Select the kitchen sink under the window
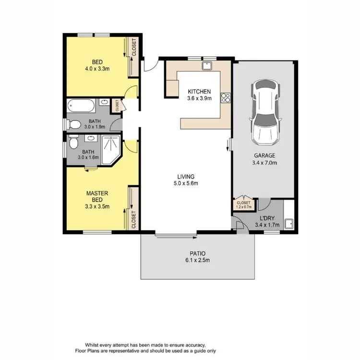[208, 65]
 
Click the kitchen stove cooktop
[226, 98]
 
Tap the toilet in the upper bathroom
[74, 124]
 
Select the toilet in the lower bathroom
[73, 144]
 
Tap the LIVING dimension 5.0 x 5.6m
[186, 183]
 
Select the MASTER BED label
[97, 196]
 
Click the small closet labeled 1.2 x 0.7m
[243, 205]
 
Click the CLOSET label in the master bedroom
[134, 219]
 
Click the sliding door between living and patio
[176, 235]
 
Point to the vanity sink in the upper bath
[104, 102]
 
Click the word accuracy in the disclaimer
[195, 345]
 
